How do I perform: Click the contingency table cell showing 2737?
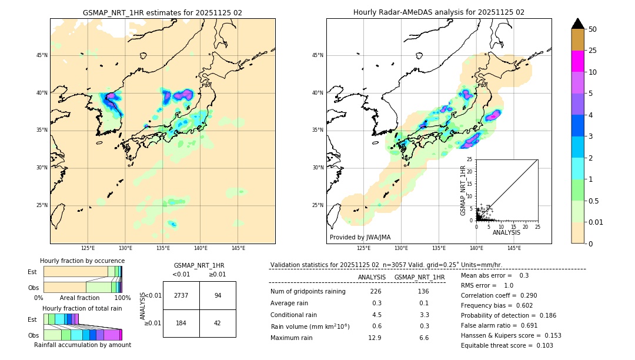181,295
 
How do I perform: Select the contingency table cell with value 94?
218,295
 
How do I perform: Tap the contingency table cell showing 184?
181,323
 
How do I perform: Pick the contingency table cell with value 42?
218,323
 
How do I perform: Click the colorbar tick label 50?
593,29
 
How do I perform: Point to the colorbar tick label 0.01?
596,222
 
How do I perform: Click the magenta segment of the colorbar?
577,61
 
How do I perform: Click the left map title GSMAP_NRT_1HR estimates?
162,12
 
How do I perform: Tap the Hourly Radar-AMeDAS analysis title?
439,12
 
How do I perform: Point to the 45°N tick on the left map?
42,55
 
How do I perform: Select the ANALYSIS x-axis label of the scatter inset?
506,233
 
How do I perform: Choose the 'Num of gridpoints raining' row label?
308,292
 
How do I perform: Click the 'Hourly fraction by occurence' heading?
82,261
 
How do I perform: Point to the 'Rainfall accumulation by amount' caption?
82,345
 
